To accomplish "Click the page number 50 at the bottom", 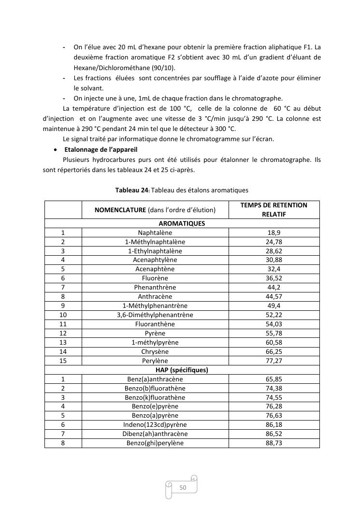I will click(x=183, y=488).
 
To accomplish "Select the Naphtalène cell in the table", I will click(x=155, y=233).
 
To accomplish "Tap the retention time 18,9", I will click(x=274, y=233).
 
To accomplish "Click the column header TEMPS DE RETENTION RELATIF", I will click(x=274, y=209).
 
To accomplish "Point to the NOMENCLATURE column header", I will click(x=155, y=210).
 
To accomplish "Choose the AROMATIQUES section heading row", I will click(x=182, y=223).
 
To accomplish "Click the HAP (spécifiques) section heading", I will click(x=182, y=370).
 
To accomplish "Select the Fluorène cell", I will click(x=155, y=278).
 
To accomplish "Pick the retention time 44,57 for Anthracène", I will click(x=274, y=296).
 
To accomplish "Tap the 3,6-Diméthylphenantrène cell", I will click(x=155, y=315).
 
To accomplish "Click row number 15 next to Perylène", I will click(x=63, y=361).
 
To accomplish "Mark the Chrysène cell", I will click(x=155, y=351).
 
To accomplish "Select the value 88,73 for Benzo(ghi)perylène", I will click(x=274, y=443).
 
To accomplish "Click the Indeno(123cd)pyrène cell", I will click(x=155, y=424).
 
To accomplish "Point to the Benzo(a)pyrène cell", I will click(x=155, y=415).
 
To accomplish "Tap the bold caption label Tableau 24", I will click(x=131, y=190).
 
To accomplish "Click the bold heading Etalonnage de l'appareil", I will click(x=101, y=149).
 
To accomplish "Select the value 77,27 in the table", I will click(x=274, y=361).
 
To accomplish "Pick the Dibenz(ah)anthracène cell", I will click(x=155, y=434).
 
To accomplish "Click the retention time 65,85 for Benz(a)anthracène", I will click(x=274, y=379).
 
